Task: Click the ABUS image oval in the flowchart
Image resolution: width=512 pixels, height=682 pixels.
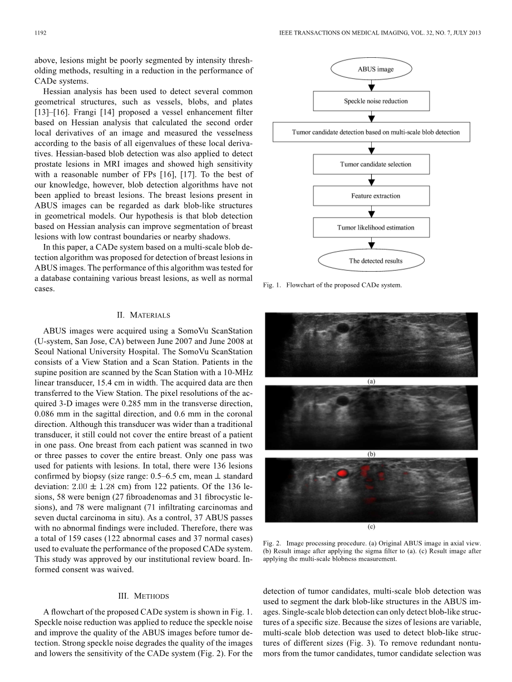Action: pos(371,69)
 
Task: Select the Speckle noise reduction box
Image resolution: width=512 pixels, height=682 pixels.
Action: pos(371,101)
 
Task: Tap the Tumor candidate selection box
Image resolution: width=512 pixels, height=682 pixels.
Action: pos(371,164)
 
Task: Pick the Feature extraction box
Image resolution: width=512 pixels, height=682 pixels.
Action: pos(371,196)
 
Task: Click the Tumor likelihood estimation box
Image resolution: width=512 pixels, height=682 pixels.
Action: pos(371,227)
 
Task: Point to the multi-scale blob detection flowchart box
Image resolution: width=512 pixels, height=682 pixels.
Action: pos(371,132)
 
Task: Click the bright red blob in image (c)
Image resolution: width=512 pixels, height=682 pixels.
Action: pos(342,473)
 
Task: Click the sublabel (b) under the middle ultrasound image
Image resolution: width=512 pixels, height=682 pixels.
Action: pos(371,454)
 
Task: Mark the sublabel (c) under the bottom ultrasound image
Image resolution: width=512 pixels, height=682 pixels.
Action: pos(371,525)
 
